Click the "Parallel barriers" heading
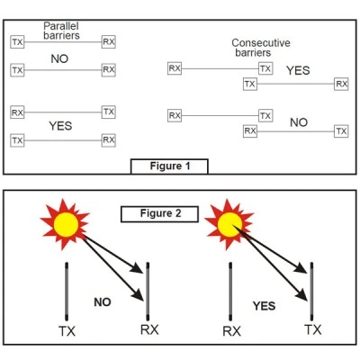[x=61, y=31]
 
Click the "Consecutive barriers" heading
[x=261, y=48]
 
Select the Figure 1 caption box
[x=169, y=166]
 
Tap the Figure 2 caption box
[x=159, y=214]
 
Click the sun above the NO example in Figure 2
[x=65, y=224]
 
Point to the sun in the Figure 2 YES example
[x=229, y=224]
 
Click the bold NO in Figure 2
[x=103, y=302]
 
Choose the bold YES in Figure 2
[x=264, y=306]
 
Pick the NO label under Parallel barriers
[x=59, y=58]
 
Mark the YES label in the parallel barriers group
[x=60, y=126]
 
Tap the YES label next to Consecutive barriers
[x=298, y=70]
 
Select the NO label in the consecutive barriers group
[x=299, y=122]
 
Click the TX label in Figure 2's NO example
[x=67, y=331]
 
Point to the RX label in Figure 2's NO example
[x=149, y=329]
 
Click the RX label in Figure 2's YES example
[x=231, y=331]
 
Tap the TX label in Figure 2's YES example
[x=313, y=329]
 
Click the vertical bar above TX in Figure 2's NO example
[x=67, y=292]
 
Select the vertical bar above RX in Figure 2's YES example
[x=230, y=292]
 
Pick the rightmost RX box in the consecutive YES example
[x=341, y=84]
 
